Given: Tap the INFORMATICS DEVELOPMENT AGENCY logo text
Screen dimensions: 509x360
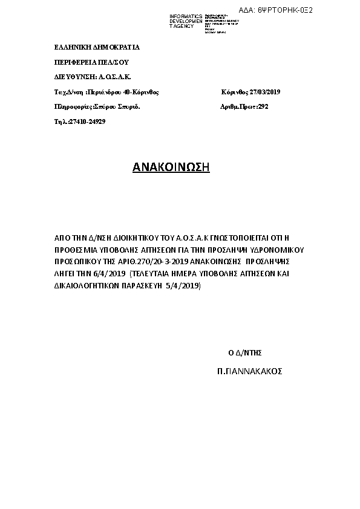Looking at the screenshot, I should (186, 21).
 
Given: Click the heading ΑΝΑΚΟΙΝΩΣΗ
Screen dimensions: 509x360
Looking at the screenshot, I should (171, 167).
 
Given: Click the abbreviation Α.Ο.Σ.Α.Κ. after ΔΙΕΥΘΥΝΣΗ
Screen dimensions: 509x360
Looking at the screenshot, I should (115, 77).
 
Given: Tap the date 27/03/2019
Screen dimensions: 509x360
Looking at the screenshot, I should (264, 92).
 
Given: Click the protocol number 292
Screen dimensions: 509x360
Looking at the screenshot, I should (262, 106).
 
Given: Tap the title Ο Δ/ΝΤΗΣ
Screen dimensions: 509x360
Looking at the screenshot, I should (244, 352).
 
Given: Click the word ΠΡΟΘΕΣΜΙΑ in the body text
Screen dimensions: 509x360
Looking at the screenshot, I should (76, 249).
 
